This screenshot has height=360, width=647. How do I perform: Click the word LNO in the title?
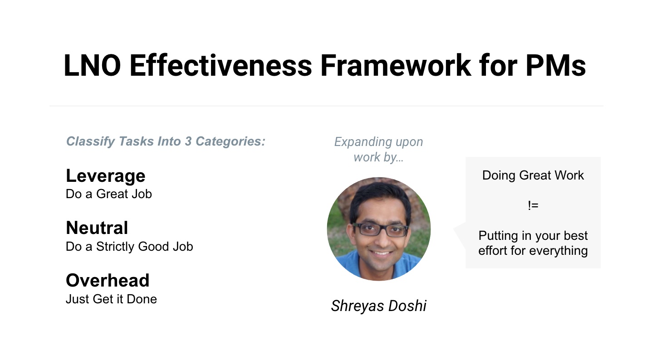coord(92,66)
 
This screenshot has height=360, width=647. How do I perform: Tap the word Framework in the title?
coord(396,66)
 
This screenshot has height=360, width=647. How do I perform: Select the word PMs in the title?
coord(556,66)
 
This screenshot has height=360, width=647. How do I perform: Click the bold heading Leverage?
coord(105,176)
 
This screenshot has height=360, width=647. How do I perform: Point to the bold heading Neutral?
coord(97,228)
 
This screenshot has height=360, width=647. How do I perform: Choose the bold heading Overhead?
coord(108,280)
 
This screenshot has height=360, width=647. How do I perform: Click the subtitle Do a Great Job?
coord(108,194)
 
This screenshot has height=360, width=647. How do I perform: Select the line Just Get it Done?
coord(111,299)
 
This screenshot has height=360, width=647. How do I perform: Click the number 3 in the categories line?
coord(188,141)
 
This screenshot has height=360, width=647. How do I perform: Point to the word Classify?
coord(90,142)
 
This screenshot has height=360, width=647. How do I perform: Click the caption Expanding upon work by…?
coord(378,150)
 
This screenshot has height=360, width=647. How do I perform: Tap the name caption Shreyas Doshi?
coord(378,306)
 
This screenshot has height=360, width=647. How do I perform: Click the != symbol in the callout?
coord(533,205)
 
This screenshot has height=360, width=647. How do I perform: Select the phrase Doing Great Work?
coord(533,175)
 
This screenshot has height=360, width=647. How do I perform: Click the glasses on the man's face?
coord(380,230)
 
